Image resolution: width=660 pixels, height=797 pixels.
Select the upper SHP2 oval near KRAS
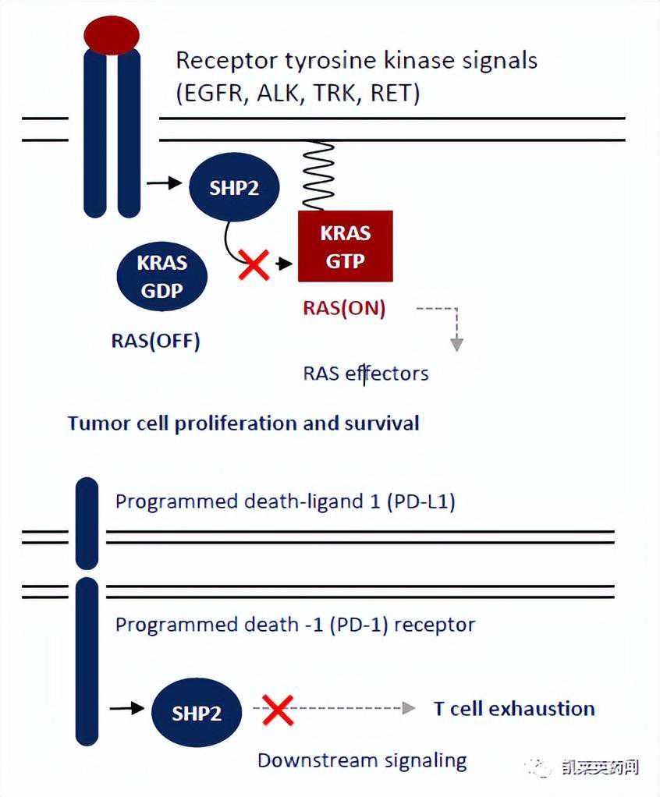(x=233, y=188)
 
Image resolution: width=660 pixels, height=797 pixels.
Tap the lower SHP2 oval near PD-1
(x=197, y=713)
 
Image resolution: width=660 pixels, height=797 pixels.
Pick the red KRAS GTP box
(x=345, y=246)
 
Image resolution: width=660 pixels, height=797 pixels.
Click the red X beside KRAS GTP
(x=254, y=265)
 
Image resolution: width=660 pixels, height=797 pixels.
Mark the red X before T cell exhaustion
(x=277, y=709)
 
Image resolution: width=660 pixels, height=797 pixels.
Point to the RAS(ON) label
(x=344, y=308)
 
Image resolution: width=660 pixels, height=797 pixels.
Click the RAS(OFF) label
(x=154, y=341)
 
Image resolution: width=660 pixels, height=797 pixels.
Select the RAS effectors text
(x=366, y=374)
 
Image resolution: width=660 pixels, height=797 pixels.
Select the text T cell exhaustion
(x=514, y=709)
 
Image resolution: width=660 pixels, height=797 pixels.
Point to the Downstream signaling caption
(x=362, y=760)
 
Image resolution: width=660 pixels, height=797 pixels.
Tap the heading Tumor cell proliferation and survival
(x=243, y=423)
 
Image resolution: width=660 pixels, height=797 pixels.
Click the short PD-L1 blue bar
(x=87, y=522)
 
